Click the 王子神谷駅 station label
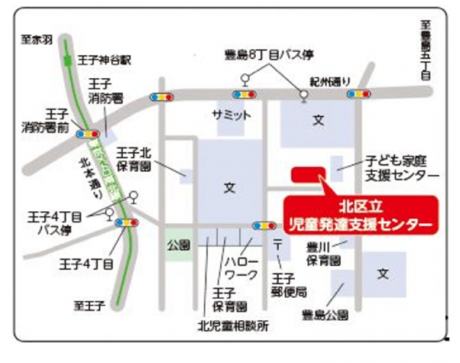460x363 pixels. tap(100, 60)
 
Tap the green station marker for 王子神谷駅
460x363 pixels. tap(67, 60)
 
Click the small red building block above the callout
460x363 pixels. tap(308, 174)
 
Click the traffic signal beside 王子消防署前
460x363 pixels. tap(88, 133)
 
